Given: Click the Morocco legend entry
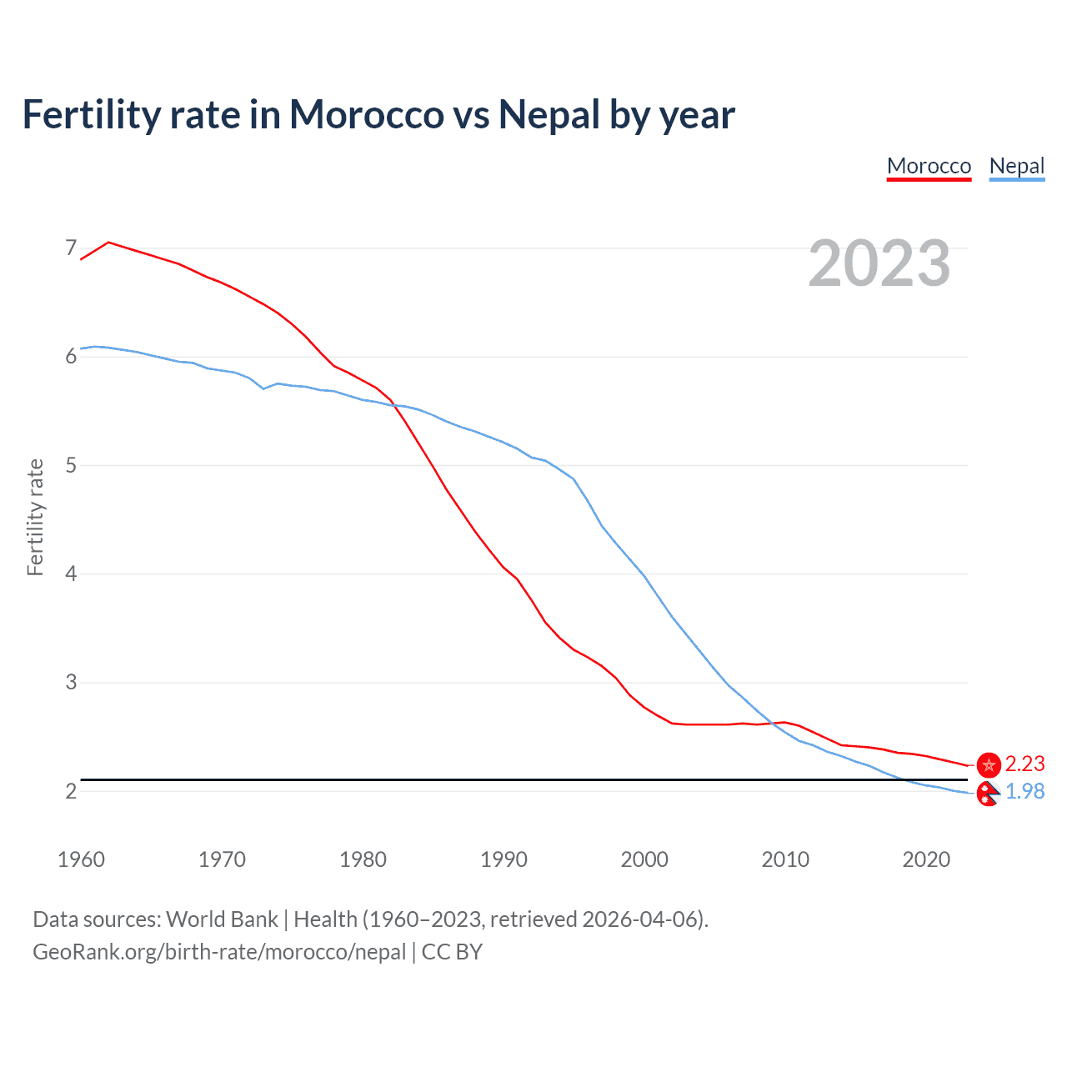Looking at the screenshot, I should coord(929,166).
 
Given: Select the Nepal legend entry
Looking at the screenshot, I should coord(1016,166).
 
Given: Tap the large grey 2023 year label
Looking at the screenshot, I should coord(879,263).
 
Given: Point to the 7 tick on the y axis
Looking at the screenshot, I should coord(71,248).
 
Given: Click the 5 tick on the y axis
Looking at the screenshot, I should coord(71,465).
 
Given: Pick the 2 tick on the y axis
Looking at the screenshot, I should coord(71,791).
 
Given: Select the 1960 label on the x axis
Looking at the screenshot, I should coord(81,859).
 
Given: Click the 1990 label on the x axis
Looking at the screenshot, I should coord(503,859).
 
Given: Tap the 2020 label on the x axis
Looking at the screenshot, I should coord(926,859).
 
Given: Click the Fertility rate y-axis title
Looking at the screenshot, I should coord(35,517).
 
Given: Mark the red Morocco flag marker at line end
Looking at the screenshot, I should coord(989,764).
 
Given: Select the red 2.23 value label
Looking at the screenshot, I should coord(1024,764).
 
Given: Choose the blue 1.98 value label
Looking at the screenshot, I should coord(1024,791).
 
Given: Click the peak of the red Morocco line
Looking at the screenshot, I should coord(109,243).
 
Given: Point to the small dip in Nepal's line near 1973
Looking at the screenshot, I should coord(263,388).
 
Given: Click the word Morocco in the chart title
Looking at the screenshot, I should coord(367,114).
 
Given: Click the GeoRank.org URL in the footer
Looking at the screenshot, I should coord(219,952).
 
